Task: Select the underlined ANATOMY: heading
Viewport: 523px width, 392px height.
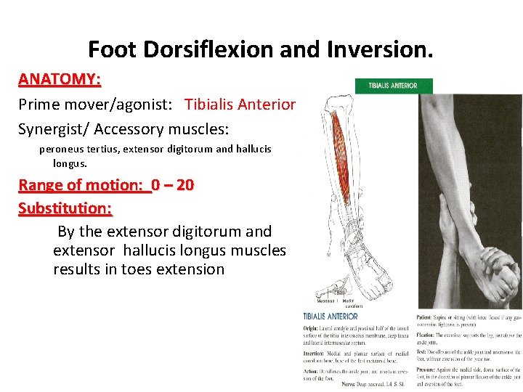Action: click(60, 78)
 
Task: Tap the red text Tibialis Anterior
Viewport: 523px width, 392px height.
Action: click(240, 105)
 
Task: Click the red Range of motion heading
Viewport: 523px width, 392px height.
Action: click(84, 184)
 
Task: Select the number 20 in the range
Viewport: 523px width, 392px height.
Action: click(185, 184)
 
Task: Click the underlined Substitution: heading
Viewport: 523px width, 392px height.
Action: click(65, 208)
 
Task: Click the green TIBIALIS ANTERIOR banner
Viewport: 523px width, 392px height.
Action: click(393, 86)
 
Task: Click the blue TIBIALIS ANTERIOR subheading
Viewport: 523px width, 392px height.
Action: click(331, 317)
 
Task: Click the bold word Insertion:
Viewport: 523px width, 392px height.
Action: click(316, 354)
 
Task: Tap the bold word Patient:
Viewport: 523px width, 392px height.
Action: click(426, 317)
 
